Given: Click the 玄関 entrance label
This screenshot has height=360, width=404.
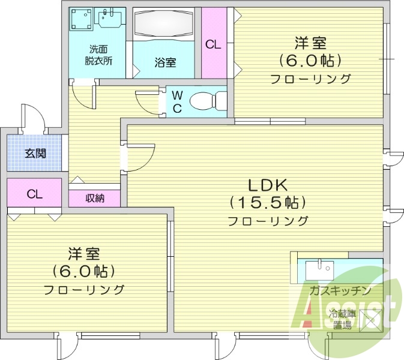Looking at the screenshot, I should tap(35, 153).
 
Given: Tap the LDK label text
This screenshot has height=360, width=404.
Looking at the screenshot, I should tap(267, 184).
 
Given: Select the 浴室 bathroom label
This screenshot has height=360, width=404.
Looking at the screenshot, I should tap(165, 62).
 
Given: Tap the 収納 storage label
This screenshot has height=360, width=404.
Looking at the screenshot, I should tap(94, 197).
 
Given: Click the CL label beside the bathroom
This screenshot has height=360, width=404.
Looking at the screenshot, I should tap(214, 44).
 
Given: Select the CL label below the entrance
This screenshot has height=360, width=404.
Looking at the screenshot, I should tap(34, 194).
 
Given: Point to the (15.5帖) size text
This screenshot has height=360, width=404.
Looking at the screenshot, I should tap(267, 202).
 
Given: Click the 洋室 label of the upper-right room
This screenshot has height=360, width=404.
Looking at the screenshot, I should tap(310, 44).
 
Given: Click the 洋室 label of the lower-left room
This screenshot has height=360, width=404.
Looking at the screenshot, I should tap(83, 254).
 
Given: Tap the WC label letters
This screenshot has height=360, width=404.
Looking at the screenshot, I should tap(177, 101).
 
